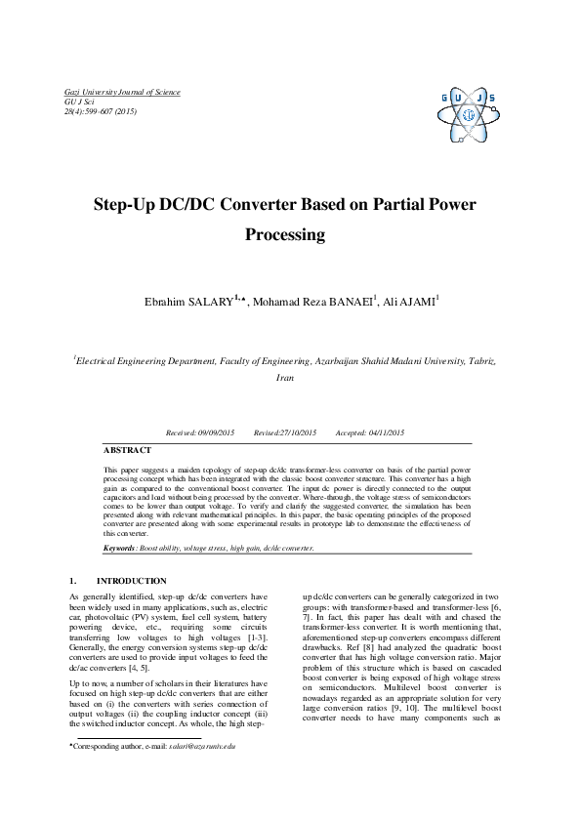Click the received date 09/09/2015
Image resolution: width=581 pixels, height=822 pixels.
[x=220, y=432]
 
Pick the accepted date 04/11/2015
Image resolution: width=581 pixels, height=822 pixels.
[x=386, y=432]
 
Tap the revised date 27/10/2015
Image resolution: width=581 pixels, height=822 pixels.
[x=298, y=432]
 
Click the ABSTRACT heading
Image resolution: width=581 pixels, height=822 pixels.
[x=128, y=450]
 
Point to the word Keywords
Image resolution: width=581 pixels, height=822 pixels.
[x=120, y=549]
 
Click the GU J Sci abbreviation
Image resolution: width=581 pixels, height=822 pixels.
[x=80, y=102]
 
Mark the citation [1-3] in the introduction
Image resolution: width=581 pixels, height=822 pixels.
[x=255, y=634]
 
